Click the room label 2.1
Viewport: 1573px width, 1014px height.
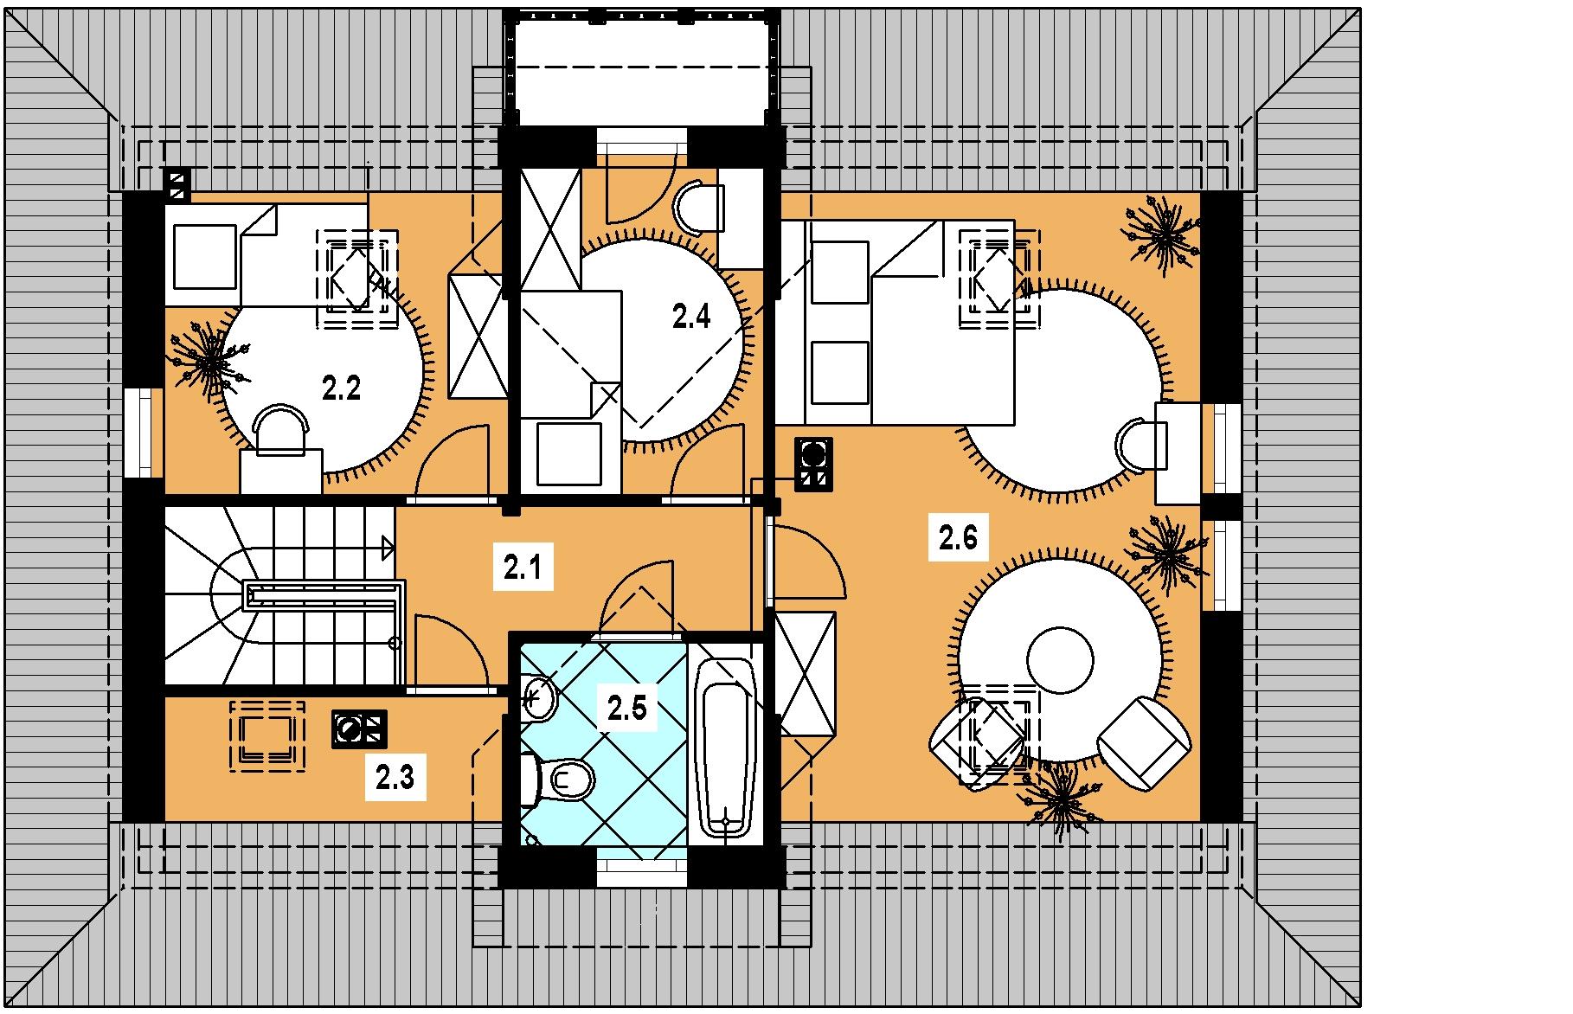pyautogui.click(x=523, y=568)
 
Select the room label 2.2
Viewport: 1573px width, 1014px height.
pyautogui.click(x=342, y=388)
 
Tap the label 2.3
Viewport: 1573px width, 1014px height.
pyautogui.click(x=395, y=778)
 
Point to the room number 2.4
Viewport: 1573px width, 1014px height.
pyautogui.click(x=691, y=317)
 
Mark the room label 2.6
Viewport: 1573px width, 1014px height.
pyautogui.click(x=958, y=538)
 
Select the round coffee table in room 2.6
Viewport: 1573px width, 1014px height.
pyautogui.click(x=1060, y=659)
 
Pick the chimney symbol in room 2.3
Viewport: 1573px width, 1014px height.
pyautogui.click(x=359, y=729)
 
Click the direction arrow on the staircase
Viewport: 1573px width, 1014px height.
pyautogui.click(x=388, y=547)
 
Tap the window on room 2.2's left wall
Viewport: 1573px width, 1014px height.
pyautogui.click(x=143, y=433)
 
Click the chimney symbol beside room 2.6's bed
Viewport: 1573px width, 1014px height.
pyautogui.click(x=814, y=465)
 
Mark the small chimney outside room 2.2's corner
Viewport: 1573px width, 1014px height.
pyautogui.click(x=177, y=185)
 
